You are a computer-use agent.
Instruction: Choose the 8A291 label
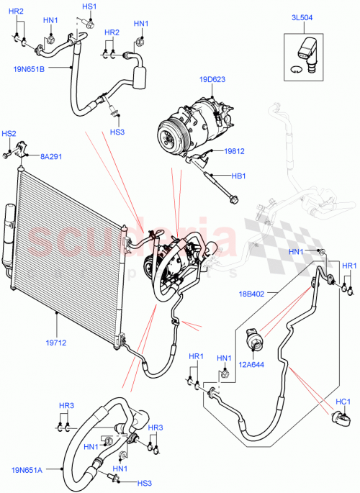coord(52,155)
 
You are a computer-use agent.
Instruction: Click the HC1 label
coord(343,401)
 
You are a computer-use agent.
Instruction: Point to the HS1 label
coord(89,6)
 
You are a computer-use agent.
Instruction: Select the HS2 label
coord(9,133)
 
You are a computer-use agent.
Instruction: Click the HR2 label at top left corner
coord(16,12)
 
